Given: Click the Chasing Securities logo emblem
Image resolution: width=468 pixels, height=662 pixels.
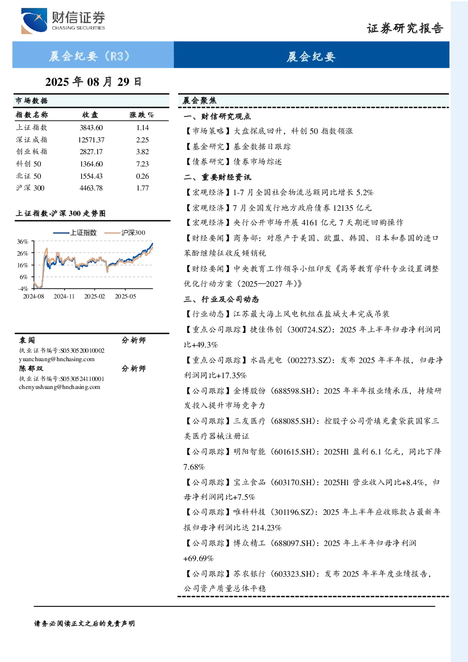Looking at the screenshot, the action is point(34,21).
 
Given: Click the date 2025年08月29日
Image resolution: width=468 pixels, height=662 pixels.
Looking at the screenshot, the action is point(93,82).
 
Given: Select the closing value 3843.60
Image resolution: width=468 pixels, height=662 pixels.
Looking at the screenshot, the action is point(91,128).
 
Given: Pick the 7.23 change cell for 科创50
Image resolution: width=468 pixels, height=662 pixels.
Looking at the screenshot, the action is point(142,164).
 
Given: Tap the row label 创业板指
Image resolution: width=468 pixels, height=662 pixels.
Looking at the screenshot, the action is point(32,152).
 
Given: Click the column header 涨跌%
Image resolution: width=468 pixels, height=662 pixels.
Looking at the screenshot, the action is point(141,115).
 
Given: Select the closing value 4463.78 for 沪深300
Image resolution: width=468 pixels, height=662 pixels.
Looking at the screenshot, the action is point(91,188).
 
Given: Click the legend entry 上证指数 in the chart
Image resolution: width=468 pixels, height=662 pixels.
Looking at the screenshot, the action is point(75,232).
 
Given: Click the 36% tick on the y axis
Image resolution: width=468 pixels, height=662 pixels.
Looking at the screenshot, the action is point(23,242).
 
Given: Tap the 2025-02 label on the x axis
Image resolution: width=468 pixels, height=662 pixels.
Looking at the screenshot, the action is point(95,297).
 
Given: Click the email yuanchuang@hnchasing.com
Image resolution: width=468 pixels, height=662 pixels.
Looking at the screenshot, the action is point(57,359).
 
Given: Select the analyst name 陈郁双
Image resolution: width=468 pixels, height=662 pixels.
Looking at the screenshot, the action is point(31,369).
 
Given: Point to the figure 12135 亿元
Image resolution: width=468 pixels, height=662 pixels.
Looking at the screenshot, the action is point(352,208).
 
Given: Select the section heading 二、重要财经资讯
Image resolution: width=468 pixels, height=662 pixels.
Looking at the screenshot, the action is point(217,177).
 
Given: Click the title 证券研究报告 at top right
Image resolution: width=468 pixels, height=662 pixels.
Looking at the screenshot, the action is point(405,28).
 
